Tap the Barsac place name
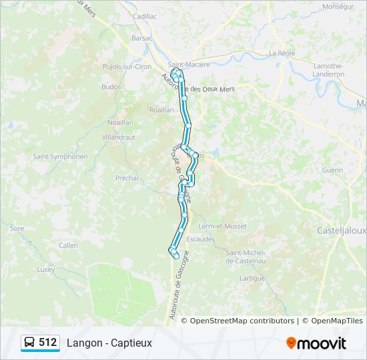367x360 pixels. [142, 39]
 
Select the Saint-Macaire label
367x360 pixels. [189, 65]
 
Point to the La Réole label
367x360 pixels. [282, 53]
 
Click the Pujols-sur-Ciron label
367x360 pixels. [127, 67]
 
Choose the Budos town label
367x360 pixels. [111, 87]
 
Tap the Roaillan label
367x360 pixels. [161, 110]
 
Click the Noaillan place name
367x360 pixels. [120, 123]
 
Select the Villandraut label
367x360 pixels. [119, 137]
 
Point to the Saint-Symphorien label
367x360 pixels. [60, 157]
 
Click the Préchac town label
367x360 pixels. [127, 178]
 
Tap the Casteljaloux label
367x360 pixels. [340, 230]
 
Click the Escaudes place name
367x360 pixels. [201, 239]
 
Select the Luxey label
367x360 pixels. [45, 269]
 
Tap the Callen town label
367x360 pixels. [68, 245]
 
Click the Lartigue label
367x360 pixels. [252, 278]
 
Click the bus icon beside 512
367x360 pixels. [30, 343]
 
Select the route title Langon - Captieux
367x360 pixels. [109, 343]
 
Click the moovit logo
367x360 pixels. [316, 343]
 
